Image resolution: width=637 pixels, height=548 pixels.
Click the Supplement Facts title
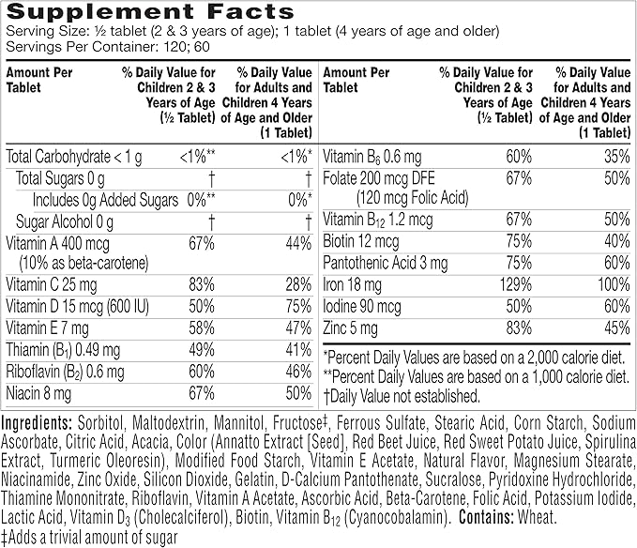click(x=149, y=12)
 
